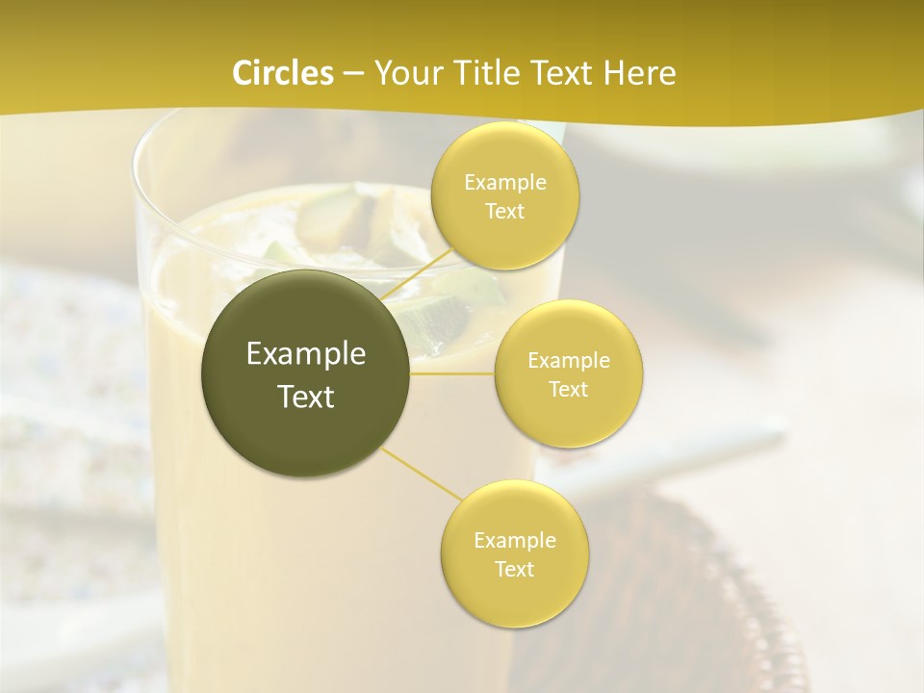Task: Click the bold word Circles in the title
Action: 282,73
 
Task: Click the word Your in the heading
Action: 402,73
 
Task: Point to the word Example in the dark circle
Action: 306,354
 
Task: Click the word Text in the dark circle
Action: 306,397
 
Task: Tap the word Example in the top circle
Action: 504,183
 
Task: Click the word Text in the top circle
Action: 504,212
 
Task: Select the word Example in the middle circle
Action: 569,361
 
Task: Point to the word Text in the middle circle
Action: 569,390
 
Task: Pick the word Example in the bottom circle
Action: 514,541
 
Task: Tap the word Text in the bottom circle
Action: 514,570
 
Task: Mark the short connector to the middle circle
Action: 452,373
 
